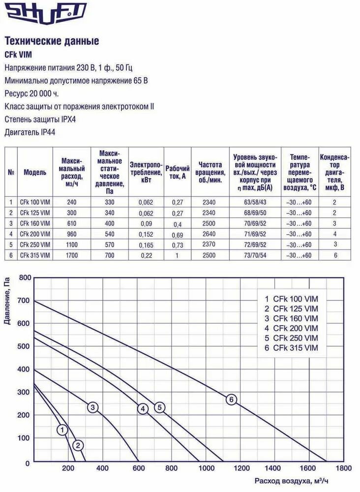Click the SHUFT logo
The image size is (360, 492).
(46, 12)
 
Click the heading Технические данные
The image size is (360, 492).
(52, 41)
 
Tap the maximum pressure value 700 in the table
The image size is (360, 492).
(113, 255)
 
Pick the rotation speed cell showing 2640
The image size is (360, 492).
(209, 234)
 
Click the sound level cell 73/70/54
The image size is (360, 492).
(255, 255)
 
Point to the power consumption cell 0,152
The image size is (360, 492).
(146, 234)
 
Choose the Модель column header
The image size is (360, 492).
(35, 172)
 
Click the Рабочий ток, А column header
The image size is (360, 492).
(177, 172)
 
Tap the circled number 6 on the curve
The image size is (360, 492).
(231, 400)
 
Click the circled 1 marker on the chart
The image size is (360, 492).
(62, 430)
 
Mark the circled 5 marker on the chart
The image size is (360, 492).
(159, 407)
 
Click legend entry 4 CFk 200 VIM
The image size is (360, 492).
(291, 328)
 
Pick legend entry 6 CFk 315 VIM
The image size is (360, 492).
(291, 348)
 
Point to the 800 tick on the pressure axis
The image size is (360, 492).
(24, 278)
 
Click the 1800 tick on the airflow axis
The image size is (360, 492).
(344, 468)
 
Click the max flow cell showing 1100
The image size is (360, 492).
(72, 245)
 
